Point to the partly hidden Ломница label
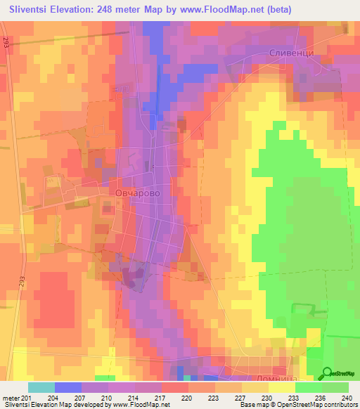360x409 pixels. [270, 377]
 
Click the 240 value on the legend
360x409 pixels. [347, 397]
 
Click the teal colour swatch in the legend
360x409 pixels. [41, 387]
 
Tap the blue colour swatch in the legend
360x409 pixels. [68, 387]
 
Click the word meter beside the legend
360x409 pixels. [11, 397]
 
